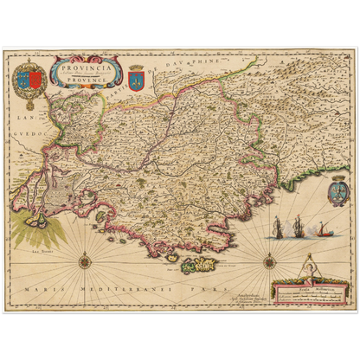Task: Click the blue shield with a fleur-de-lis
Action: [136, 79]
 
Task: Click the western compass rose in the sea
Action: [86, 260]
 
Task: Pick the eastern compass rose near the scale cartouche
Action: [269, 259]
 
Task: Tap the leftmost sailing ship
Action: [277, 228]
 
